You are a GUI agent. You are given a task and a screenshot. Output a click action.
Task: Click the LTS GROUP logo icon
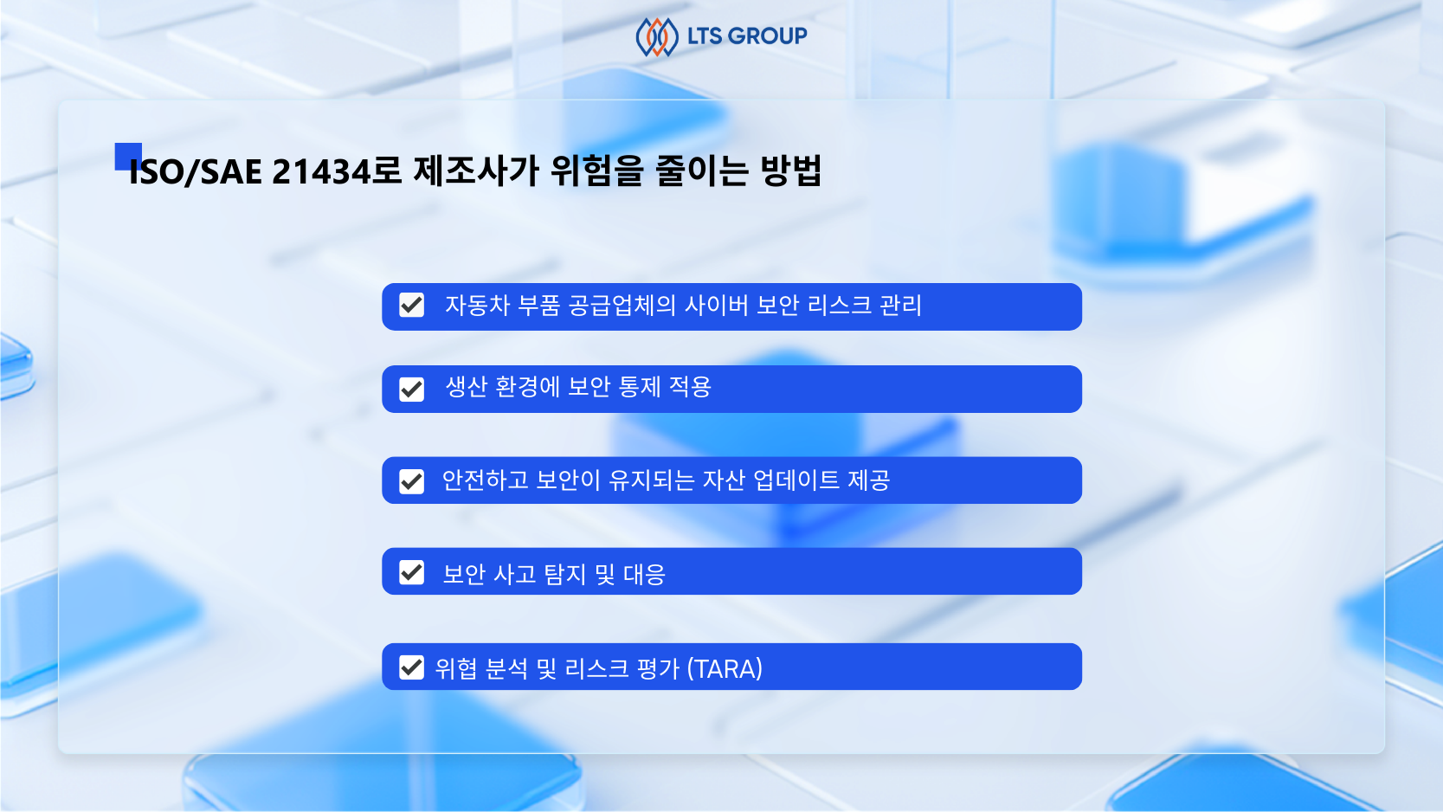(x=656, y=37)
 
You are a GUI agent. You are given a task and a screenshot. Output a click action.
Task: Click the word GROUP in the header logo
(x=768, y=36)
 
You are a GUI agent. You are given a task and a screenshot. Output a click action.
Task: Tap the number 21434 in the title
(x=321, y=171)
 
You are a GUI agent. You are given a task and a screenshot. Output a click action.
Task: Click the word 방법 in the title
(x=790, y=171)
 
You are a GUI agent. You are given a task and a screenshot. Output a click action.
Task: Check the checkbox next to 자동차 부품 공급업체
(x=412, y=306)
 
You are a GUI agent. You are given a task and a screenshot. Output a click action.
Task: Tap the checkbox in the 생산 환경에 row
(x=412, y=389)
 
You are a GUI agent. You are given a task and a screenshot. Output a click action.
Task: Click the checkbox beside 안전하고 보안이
(x=412, y=480)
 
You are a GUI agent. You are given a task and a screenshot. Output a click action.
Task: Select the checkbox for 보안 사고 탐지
(x=412, y=572)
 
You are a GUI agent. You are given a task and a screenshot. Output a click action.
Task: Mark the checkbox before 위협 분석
(x=412, y=667)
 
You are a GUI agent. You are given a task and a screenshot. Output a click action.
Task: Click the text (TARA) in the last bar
(x=725, y=668)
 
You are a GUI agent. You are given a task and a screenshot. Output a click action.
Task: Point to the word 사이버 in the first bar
(x=716, y=306)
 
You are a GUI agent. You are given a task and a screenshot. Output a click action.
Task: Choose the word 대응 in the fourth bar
(x=644, y=574)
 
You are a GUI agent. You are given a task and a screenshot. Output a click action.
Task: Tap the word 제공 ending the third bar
(x=868, y=480)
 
